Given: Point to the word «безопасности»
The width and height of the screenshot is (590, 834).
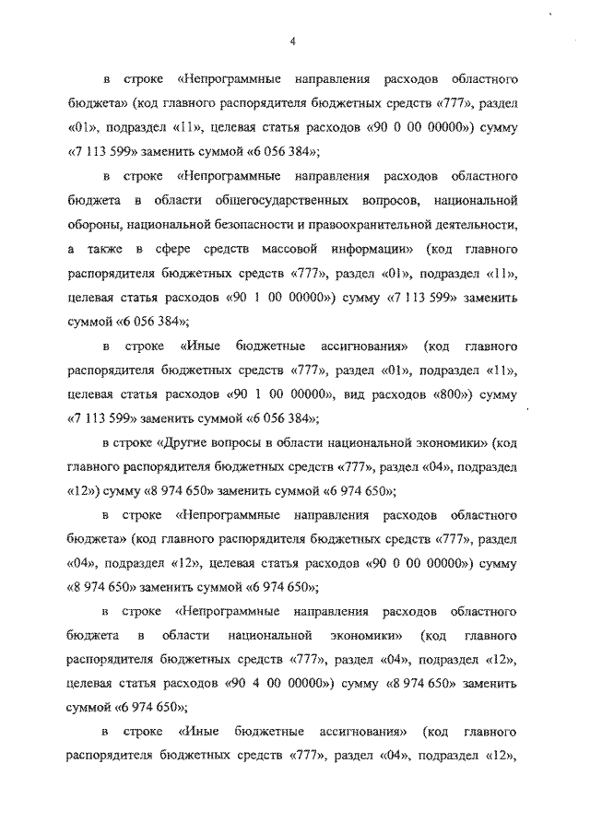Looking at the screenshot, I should point(265,223).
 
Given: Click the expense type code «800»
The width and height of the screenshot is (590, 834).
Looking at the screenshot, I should point(458,394).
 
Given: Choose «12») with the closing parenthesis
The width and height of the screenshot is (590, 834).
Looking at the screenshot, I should point(83,491).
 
